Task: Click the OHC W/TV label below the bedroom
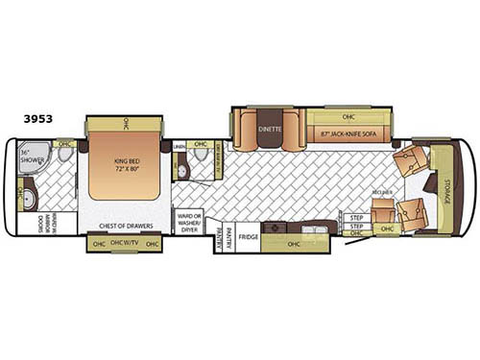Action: coord(125,243)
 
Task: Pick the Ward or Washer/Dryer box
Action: coord(189,222)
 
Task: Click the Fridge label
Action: coord(249,234)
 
